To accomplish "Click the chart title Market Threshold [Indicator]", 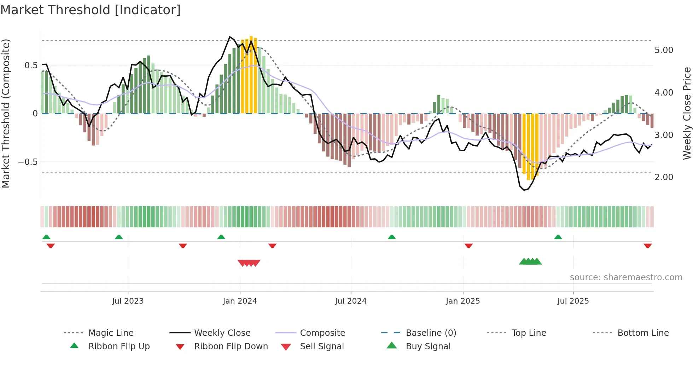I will point(91,10).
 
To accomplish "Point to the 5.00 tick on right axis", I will point(664,50).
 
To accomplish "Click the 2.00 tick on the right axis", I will point(664,177).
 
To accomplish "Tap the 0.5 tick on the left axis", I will point(31,65).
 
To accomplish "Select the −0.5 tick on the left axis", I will point(28,162).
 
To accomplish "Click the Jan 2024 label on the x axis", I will point(240,301).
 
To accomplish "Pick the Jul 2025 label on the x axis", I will point(573,301).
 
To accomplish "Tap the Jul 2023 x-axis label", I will point(128,301).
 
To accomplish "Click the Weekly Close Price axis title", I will point(687,113).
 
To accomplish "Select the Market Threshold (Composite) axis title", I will point(6,113).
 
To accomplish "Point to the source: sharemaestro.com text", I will point(626,277).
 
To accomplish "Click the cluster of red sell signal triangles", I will point(249,263).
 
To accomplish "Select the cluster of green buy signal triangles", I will point(530,262).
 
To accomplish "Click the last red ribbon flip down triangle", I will point(647,246).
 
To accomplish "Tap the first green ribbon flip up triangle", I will point(46,237).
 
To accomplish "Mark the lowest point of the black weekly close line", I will point(524,190).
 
